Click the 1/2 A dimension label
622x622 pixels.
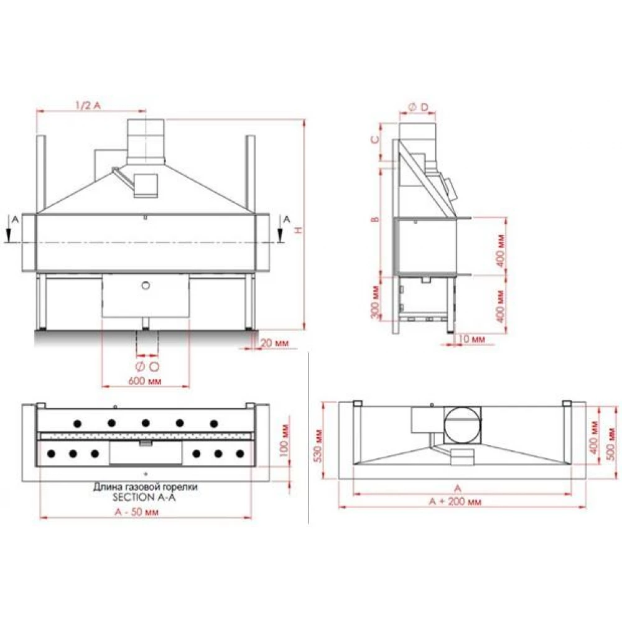88,105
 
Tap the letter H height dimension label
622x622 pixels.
300,230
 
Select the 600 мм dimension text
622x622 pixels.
145,381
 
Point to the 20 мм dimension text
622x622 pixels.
274,342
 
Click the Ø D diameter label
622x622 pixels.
419,107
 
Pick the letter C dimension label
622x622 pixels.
375,139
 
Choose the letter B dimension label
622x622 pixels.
375,220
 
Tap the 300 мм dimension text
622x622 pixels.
376,302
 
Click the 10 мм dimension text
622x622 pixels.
471,339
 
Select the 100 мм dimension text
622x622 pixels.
284,440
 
